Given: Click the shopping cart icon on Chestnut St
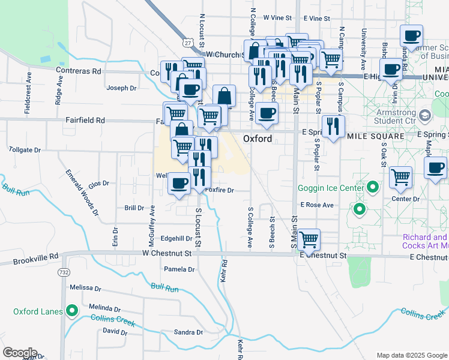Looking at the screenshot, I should coord(309,239).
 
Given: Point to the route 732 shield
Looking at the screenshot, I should coord(64,272).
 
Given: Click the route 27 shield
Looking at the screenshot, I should coord(188,43).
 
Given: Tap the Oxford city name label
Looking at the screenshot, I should coord(258,139).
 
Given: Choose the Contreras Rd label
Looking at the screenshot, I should coord(79,71).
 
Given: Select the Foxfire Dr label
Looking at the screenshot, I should coord(218,190).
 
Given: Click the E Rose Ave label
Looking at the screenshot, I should coord(316,205).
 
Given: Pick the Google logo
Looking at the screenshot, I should coord(20,353).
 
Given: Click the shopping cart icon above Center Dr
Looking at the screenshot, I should coord(400,176).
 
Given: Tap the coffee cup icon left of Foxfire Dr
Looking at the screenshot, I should coord(178,183).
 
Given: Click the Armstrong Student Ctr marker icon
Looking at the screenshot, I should coord(426,115).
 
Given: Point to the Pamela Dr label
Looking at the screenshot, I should coord(179,269).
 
